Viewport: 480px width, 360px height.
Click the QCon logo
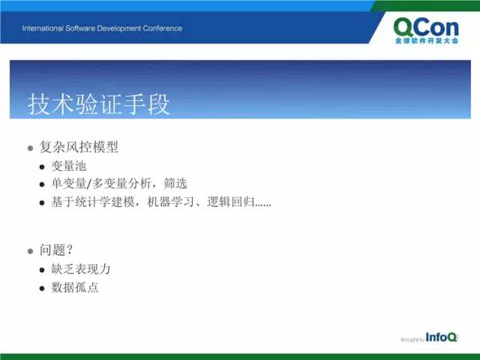click(426, 31)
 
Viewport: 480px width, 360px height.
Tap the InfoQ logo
click(441, 337)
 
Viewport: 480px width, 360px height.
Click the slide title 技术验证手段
click(98, 104)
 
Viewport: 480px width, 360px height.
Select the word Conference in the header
click(162, 28)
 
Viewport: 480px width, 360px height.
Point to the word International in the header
click(43, 28)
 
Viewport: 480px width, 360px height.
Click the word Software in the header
click(80, 28)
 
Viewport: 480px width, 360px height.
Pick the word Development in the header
click(119, 28)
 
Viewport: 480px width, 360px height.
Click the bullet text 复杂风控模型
click(79, 147)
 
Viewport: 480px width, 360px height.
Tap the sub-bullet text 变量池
click(68, 166)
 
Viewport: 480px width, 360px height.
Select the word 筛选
click(175, 184)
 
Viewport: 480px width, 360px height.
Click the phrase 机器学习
click(170, 202)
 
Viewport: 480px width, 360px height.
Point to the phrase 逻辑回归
click(231, 202)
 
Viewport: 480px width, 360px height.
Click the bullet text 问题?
click(56, 250)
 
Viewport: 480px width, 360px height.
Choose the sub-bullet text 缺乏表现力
click(81, 269)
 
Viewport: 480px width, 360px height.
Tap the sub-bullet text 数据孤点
click(75, 288)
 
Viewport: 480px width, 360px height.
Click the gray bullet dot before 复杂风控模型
click(30, 148)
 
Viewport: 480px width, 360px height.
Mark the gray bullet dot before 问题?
click(30, 251)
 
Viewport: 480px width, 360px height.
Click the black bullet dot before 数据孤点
click(42, 289)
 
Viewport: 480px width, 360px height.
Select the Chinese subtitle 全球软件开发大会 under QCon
click(427, 41)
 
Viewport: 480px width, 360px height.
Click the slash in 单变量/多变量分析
click(89, 184)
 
